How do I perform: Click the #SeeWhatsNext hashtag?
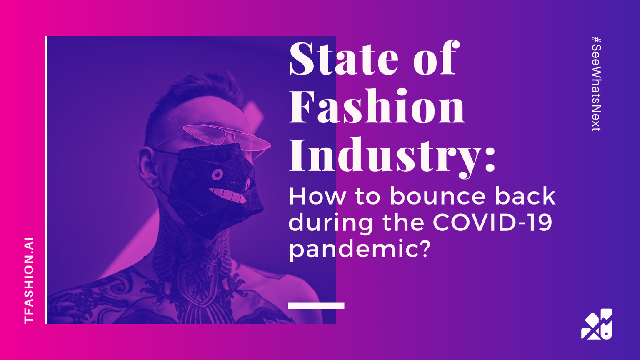pos(596,84)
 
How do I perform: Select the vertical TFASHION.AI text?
pos(29,280)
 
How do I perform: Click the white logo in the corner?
pos(597,324)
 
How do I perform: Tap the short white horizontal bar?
pos(316,305)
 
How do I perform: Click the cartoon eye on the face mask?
pos(217,174)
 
